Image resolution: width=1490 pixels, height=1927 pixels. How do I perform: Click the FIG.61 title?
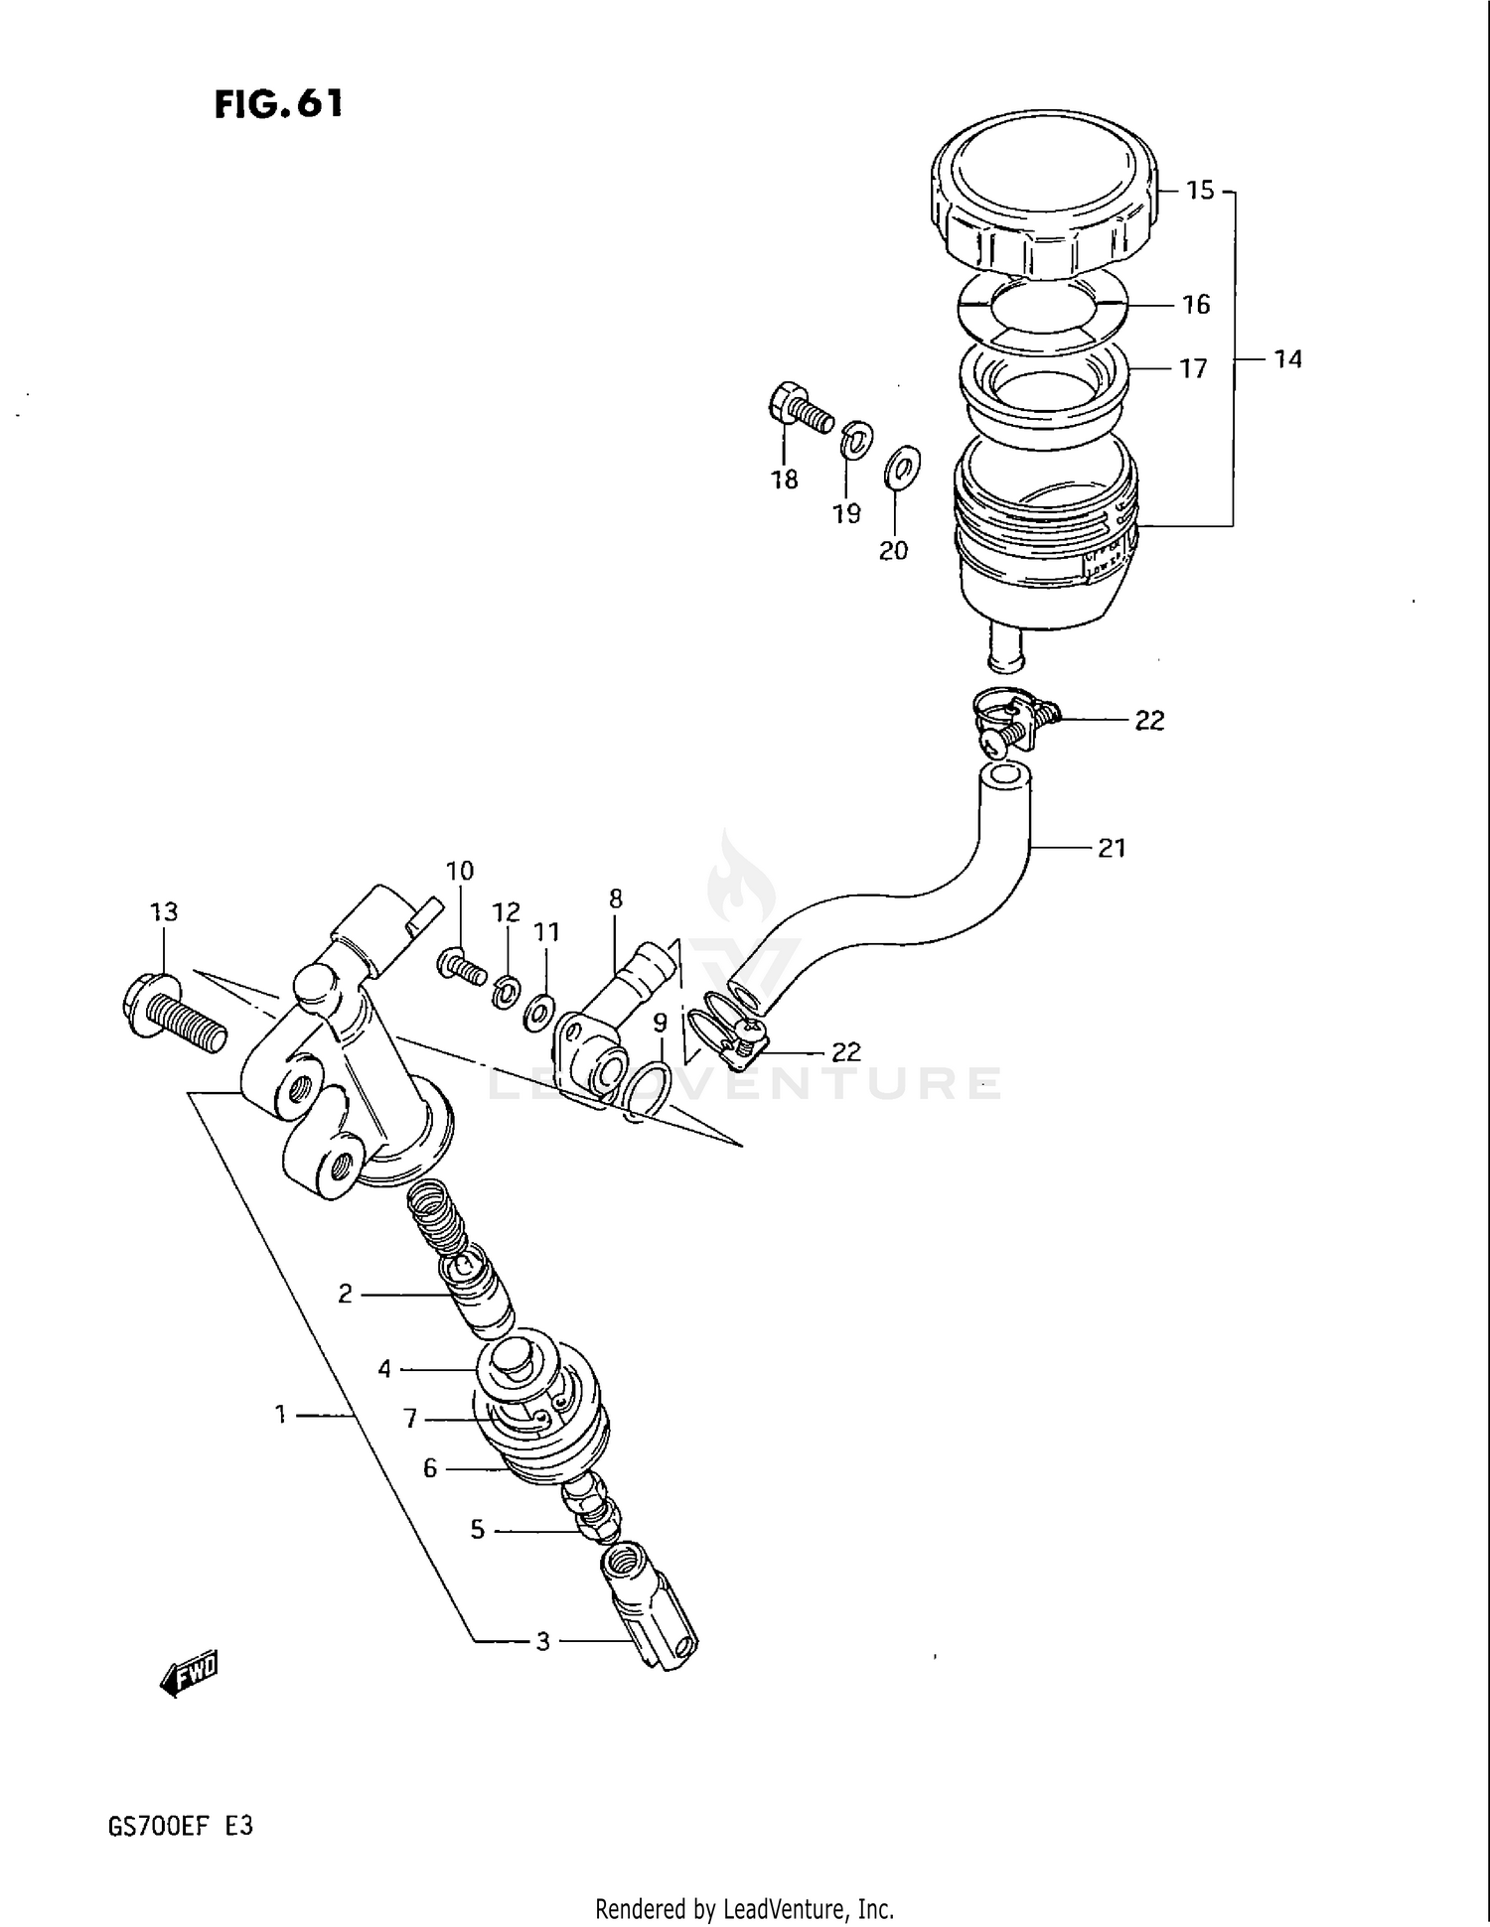point(278,103)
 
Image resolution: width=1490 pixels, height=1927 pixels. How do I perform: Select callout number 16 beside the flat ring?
point(1196,305)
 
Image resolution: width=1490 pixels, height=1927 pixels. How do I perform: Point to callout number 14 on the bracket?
point(1287,359)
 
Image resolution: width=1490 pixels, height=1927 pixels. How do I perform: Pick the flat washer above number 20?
point(901,468)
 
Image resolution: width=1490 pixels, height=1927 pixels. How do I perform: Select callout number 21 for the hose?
point(1111,848)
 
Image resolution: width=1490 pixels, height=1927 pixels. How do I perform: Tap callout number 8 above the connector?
point(616,899)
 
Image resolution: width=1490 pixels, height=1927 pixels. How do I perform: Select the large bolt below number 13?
point(175,1013)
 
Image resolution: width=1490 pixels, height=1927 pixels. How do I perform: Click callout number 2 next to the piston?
point(345,1294)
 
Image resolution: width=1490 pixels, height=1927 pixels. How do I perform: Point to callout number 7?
point(410,1420)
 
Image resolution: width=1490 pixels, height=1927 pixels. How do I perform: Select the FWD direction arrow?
point(188,1674)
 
